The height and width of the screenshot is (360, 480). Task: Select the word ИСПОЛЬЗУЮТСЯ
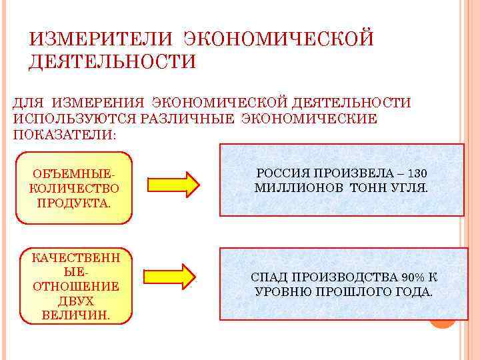[74, 119]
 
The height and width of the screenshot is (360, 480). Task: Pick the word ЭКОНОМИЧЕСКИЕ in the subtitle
[309, 119]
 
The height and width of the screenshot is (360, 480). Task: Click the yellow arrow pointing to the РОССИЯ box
[173, 184]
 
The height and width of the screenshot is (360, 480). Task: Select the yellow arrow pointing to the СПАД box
[173, 273]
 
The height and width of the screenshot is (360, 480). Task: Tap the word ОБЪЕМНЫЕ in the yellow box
[73, 173]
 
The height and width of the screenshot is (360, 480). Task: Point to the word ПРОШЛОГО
[353, 292]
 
